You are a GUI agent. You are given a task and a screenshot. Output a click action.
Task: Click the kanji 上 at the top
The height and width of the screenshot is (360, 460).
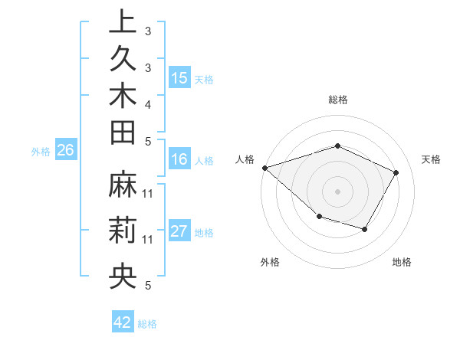click(123, 23)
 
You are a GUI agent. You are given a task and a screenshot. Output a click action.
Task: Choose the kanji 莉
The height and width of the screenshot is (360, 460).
click(123, 231)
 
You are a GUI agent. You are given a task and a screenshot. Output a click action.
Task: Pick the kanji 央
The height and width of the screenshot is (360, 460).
click(123, 277)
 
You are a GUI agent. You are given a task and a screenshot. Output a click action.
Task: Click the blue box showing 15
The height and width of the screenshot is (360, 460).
click(179, 77)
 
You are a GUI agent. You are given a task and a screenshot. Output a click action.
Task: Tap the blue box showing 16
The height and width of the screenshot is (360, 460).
click(179, 160)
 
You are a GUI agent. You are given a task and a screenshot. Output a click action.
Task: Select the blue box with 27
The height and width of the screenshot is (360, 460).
click(179, 232)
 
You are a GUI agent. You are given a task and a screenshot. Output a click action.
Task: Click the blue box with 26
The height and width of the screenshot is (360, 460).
click(66, 150)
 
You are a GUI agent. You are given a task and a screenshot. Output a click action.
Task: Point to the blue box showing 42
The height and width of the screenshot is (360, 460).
click(123, 322)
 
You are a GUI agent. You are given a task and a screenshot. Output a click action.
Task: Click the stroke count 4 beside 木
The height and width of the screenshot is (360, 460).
click(148, 103)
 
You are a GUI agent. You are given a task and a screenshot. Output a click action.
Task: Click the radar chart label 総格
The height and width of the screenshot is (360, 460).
click(338, 100)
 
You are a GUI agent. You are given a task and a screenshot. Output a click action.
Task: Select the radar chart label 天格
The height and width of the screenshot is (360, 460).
click(432, 159)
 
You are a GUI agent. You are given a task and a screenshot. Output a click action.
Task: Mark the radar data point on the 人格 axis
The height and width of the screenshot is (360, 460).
click(264, 167)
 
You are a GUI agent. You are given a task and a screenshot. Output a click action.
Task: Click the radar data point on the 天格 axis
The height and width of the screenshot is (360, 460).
click(396, 172)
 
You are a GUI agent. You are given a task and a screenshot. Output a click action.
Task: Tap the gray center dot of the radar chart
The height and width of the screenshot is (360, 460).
click(338, 191)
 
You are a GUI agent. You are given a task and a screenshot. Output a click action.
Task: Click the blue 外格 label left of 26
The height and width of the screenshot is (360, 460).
click(41, 152)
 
